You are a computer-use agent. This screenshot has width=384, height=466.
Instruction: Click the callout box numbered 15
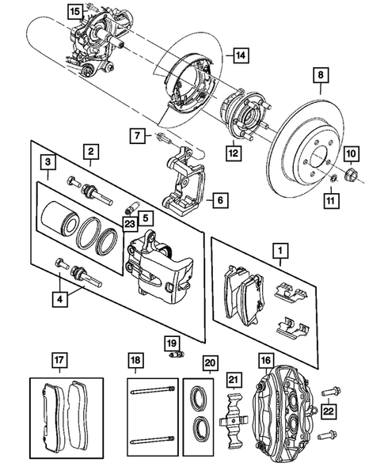click(74, 11)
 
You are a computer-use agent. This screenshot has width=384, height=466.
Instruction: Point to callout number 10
click(352, 152)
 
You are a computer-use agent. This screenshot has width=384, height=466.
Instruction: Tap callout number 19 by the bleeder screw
click(170, 343)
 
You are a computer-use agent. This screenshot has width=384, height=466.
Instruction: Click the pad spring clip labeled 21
click(232, 418)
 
